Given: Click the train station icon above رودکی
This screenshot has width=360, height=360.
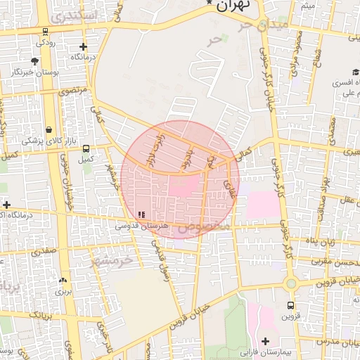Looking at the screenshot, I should click(x=46, y=31).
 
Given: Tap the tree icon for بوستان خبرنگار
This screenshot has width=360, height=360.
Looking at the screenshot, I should click(x=35, y=61).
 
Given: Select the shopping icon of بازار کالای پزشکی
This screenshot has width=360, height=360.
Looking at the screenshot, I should click(x=49, y=130).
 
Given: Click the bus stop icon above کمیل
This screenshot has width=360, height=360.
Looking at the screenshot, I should click(x=86, y=148).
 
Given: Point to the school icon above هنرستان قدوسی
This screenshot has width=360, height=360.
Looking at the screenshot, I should click(x=142, y=214).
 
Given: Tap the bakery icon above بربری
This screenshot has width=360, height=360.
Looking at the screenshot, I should click(x=63, y=280).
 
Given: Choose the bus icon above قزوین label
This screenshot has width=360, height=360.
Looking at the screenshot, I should click(x=290, y=306).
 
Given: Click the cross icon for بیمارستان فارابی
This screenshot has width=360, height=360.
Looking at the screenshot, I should click(x=265, y=341).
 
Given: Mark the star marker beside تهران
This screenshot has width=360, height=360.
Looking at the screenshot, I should click(x=209, y=4).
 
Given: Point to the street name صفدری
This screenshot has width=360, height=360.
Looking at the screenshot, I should click(x=41, y=249).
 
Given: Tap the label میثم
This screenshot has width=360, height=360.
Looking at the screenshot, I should click(x=308, y=6).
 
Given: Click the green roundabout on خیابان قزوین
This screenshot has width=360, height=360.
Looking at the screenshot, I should click(x=290, y=283).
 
